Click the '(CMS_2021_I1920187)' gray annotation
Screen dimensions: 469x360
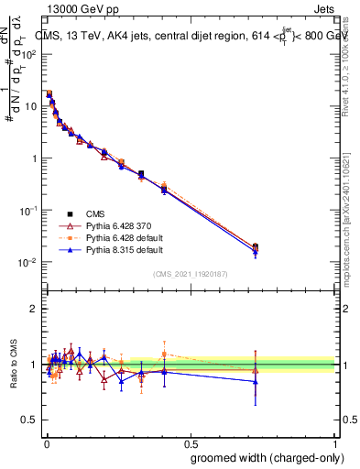click(x=190, y=273)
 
